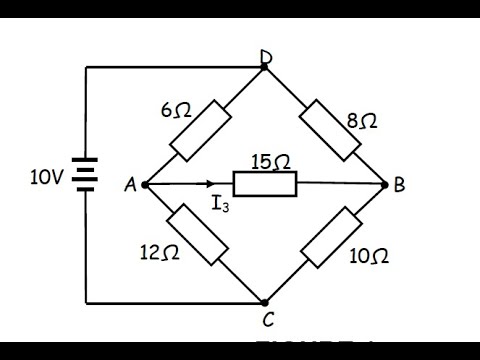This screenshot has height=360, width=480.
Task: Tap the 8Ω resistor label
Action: pos(363,122)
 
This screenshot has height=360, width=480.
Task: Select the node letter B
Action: pos(400,185)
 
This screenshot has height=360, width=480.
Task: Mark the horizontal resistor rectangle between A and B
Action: pos(265,184)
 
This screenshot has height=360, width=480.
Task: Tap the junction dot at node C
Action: pos(265,301)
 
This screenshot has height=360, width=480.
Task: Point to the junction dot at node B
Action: pos(387,185)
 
